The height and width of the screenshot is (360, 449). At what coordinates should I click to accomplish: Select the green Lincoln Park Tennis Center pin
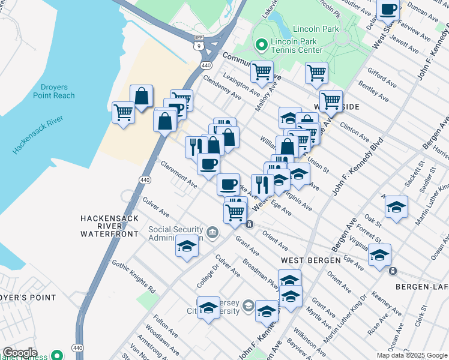pyautogui.click(x=262, y=44)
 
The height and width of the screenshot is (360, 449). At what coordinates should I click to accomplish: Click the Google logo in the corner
pyautogui.click(x=19, y=352)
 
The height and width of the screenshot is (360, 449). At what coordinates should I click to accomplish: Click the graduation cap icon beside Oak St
pyautogui.click(x=396, y=207)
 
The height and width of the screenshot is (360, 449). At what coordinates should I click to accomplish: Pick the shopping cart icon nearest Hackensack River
pyautogui.click(x=124, y=112)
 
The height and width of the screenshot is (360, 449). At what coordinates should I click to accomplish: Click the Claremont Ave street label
pyautogui.click(x=178, y=174)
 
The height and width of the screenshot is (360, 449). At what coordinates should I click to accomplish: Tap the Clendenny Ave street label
pyautogui.click(x=222, y=88)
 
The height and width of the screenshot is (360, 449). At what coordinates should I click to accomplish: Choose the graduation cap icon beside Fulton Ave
pyautogui.click(x=208, y=308)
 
